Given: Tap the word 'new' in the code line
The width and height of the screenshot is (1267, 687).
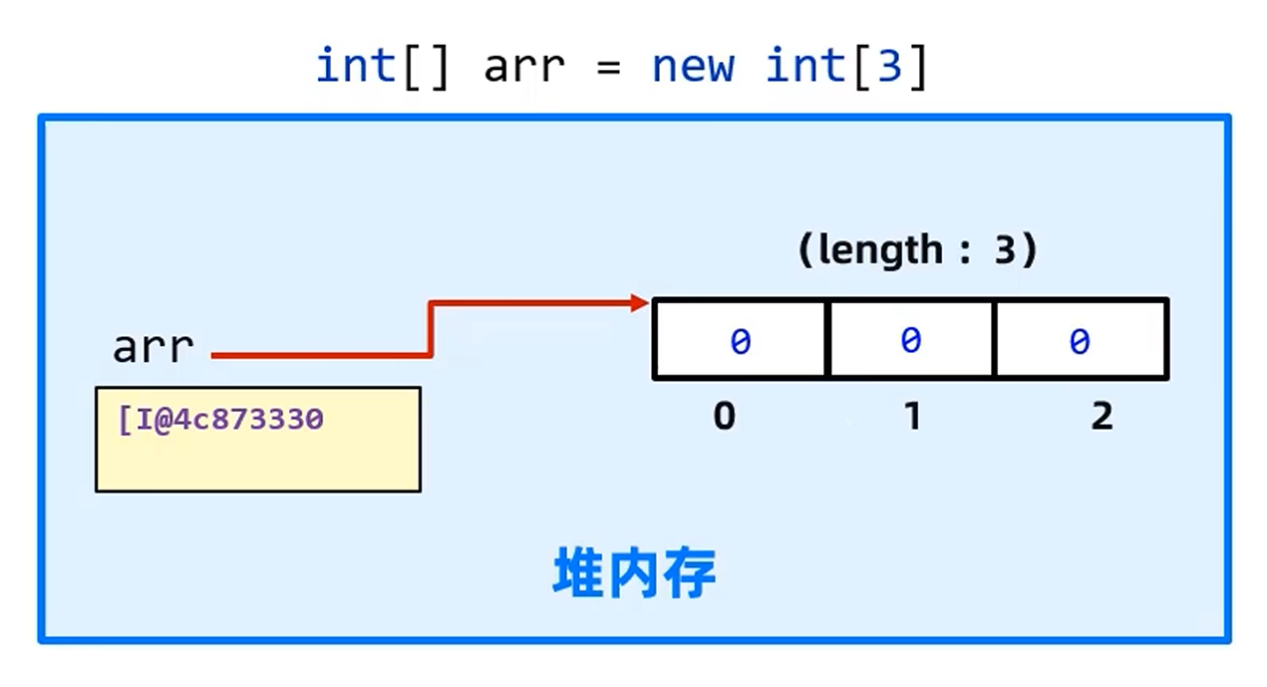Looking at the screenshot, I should pyautogui.click(x=693, y=67).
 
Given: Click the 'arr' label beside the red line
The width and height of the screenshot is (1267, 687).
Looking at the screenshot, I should pyautogui.click(x=153, y=348).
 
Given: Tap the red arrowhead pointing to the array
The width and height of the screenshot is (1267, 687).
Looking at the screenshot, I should pyautogui.click(x=640, y=303).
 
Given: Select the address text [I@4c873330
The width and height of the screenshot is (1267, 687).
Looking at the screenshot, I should pyautogui.click(x=220, y=419).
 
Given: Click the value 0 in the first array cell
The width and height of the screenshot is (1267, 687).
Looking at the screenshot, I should pyautogui.click(x=740, y=342).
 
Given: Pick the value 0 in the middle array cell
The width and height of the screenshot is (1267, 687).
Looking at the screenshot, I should pyautogui.click(x=910, y=341).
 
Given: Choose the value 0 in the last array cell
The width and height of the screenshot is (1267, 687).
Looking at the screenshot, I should pyautogui.click(x=1080, y=342).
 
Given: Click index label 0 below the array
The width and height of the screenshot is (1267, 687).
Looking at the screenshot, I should pyautogui.click(x=725, y=416).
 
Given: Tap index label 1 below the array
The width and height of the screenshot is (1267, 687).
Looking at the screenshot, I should pyautogui.click(x=912, y=416).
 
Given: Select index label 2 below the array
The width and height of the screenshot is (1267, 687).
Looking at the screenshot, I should pyautogui.click(x=1101, y=416).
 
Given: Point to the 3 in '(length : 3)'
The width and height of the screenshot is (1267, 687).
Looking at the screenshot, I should pyautogui.click(x=1004, y=249).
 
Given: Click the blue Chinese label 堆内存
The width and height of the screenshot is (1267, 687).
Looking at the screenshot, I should pyautogui.click(x=634, y=574).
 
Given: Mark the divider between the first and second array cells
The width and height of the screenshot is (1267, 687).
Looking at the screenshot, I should pyautogui.click(x=827, y=340).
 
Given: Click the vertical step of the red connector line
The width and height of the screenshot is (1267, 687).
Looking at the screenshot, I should pyautogui.click(x=431, y=328).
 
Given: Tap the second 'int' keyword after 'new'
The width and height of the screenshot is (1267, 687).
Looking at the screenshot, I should pyautogui.click(x=805, y=67).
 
